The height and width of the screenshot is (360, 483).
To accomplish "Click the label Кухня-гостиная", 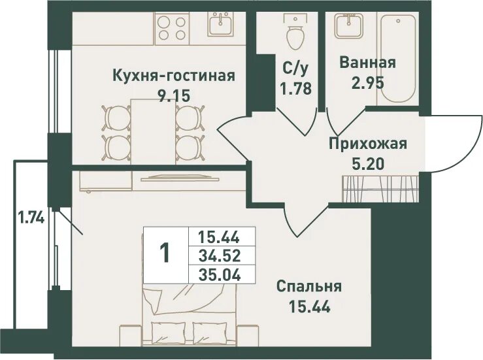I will [173, 75].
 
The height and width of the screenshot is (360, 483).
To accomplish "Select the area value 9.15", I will [173, 95].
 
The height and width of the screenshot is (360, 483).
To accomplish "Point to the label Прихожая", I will [368, 144].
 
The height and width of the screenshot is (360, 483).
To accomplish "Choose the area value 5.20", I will [368, 163].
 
